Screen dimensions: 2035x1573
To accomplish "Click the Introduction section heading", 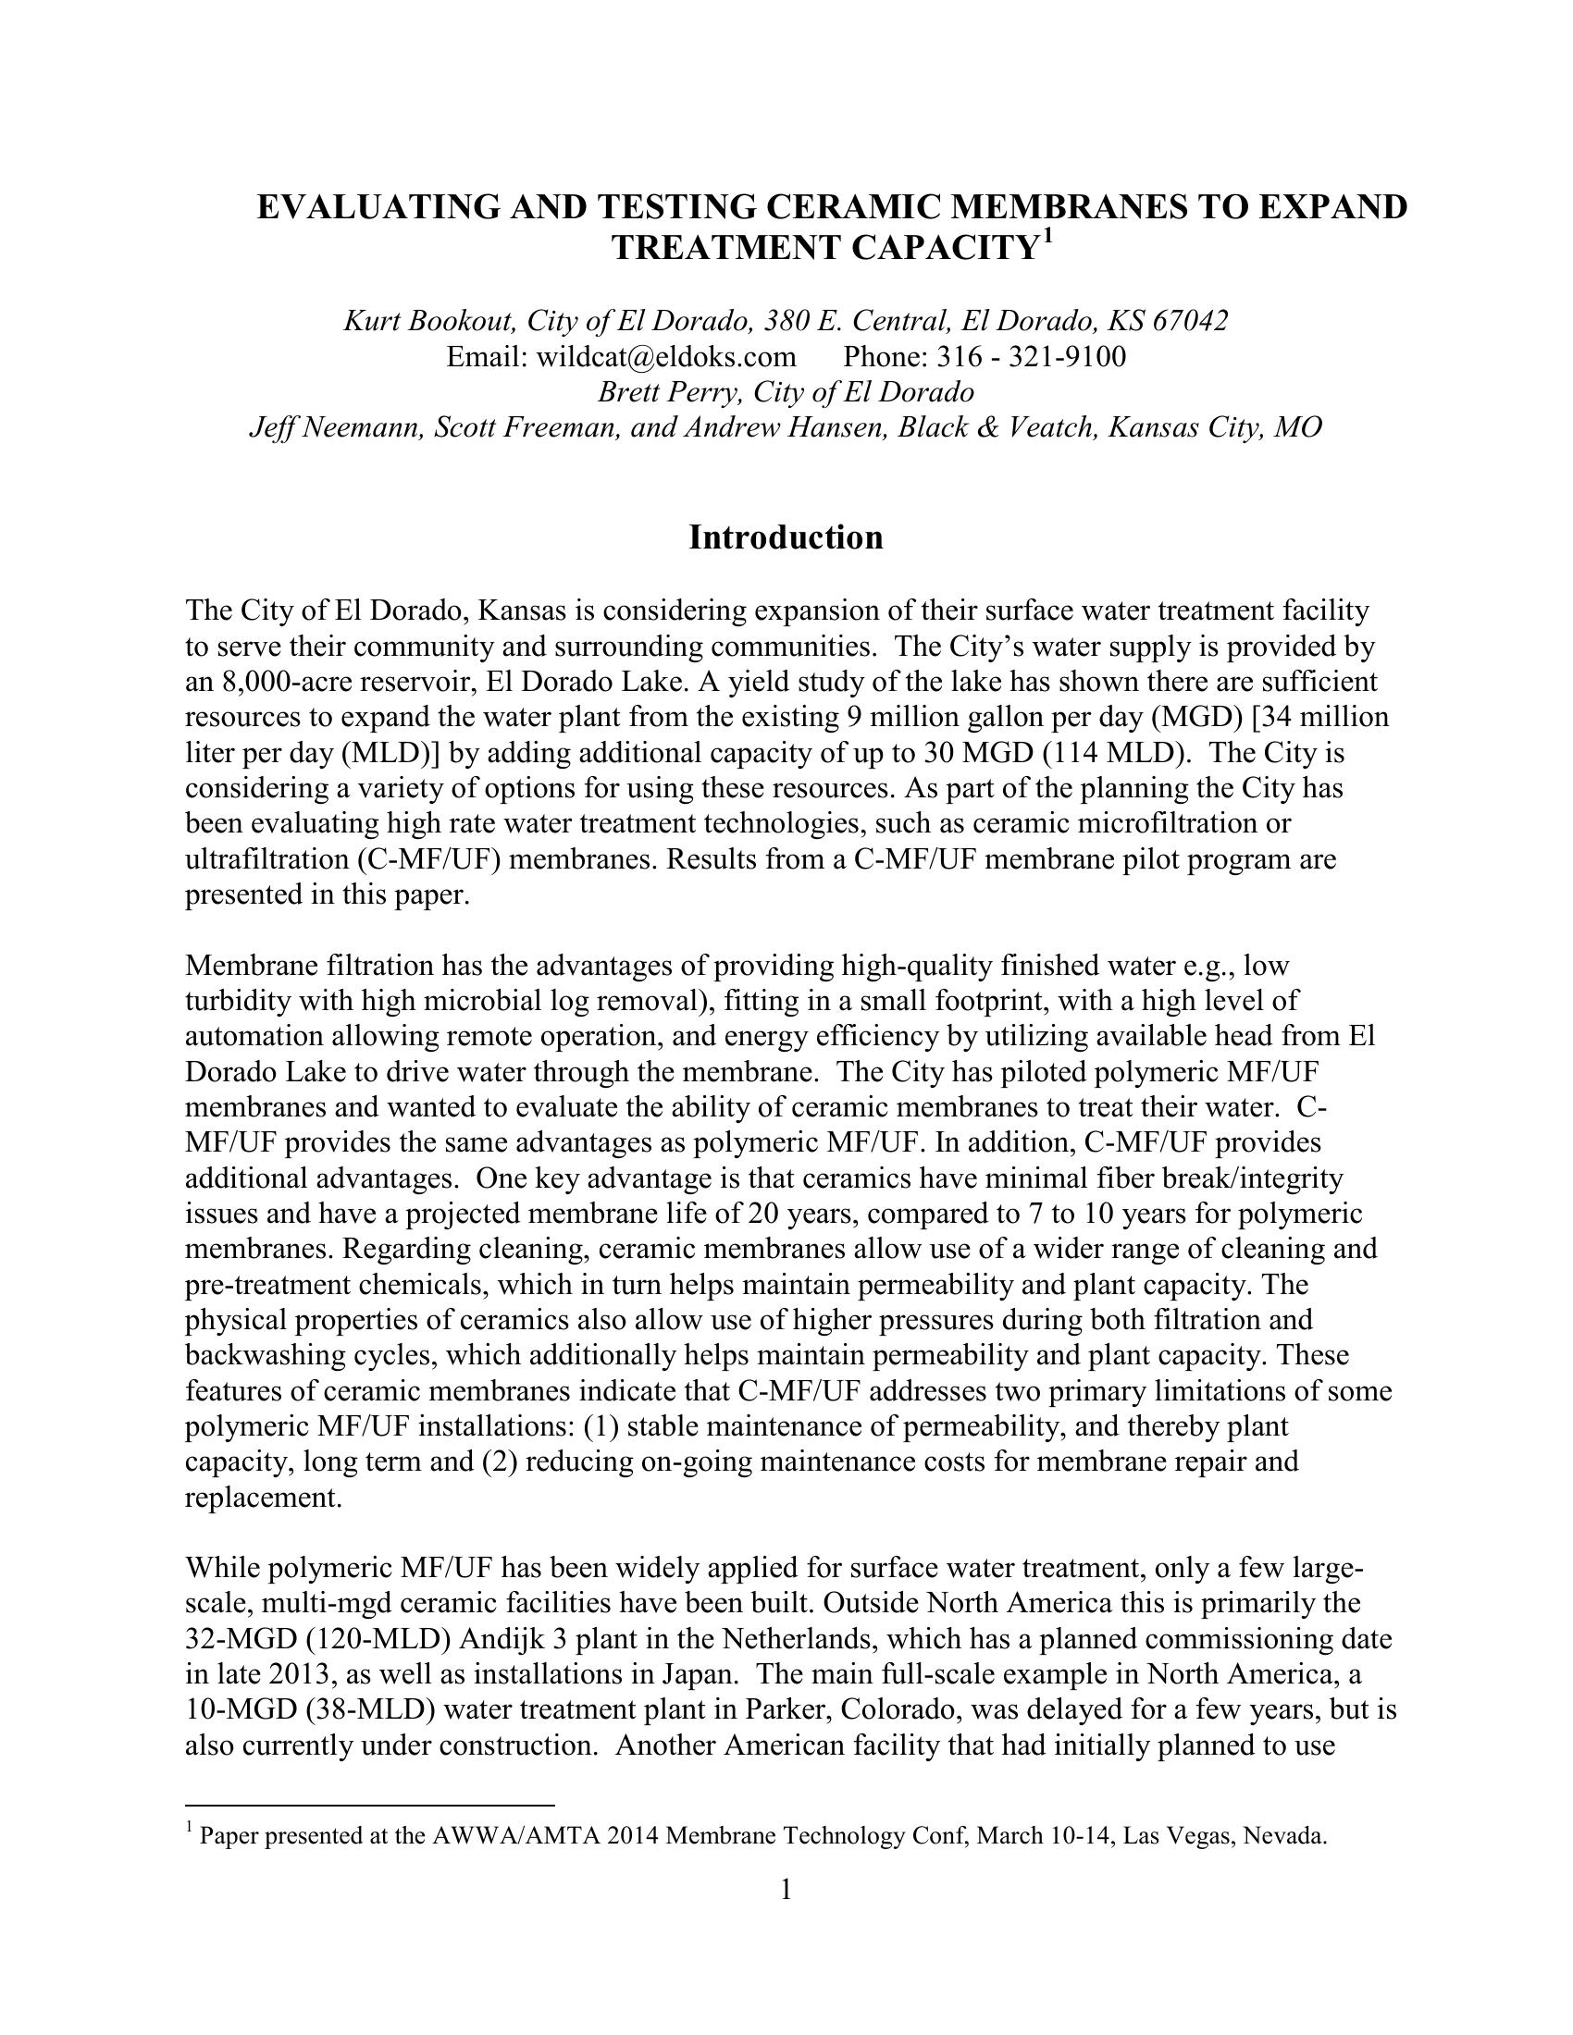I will (786, 538).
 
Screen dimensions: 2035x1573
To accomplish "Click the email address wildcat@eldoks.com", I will (666, 357).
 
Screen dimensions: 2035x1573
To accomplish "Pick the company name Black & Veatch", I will (995, 427).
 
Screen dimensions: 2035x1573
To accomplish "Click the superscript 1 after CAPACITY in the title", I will (1047, 237).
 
